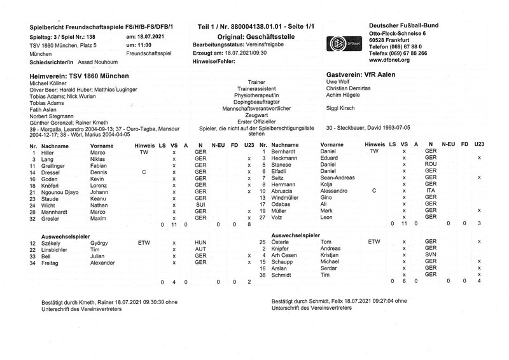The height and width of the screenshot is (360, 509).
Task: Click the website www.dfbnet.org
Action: [389, 62]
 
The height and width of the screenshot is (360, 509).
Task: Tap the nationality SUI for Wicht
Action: [200, 205]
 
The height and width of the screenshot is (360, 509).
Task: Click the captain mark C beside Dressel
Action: [143, 172]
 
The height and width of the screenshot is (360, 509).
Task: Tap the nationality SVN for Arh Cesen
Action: [431, 255]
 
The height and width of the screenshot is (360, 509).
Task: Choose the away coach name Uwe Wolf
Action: [338, 83]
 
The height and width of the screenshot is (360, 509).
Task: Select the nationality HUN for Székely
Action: [200, 243]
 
